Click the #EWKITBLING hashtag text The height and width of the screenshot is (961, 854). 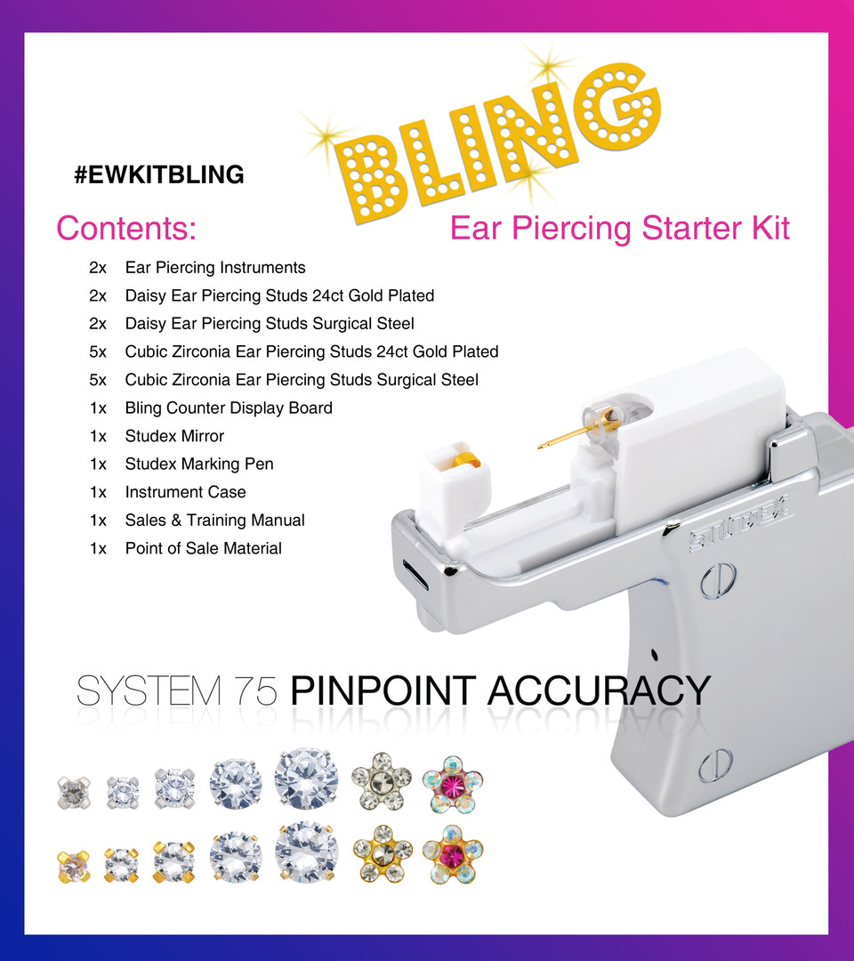point(159,175)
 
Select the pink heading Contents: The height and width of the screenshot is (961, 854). point(126,229)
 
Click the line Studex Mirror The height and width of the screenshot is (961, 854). point(174,436)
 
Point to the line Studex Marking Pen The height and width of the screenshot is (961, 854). point(199,464)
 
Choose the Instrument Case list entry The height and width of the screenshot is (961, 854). point(185,492)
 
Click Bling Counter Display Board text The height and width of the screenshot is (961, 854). point(229,408)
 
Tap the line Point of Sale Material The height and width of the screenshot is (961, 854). point(203,548)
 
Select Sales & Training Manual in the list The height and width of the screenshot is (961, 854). point(214,521)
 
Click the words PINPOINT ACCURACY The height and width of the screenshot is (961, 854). point(500,691)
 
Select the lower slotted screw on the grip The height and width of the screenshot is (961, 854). point(715,763)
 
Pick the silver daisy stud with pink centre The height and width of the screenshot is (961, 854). point(453,784)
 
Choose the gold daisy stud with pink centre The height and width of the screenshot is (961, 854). point(453,856)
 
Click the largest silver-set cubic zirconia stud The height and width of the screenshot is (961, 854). point(306,779)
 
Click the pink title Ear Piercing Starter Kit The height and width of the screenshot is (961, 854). point(620,229)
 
